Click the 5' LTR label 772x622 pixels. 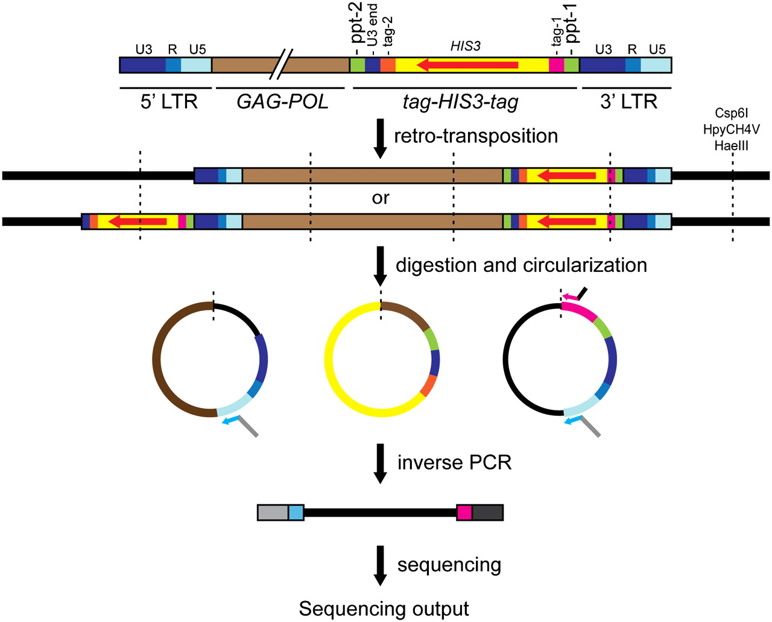[169, 102]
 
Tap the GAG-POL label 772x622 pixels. [282, 102]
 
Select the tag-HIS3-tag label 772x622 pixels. [461, 102]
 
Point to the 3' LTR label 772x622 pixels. [628, 102]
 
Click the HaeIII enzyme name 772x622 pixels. [732, 145]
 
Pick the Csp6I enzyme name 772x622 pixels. [732, 113]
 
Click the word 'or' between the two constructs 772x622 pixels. [381, 198]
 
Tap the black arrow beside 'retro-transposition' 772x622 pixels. [380, 139]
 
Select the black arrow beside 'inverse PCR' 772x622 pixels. [380, 463]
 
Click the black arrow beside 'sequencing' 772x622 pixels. [380, 565]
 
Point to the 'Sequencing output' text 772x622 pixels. [384, 609]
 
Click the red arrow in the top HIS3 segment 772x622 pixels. [467, 64]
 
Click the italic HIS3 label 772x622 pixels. [466, 46]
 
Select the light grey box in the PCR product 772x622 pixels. [273, 512]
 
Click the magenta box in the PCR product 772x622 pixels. [464, 512]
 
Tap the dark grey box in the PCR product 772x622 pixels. [487, 512]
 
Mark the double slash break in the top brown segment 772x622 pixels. [283, 64]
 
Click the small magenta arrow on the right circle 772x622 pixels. [570, 296]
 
